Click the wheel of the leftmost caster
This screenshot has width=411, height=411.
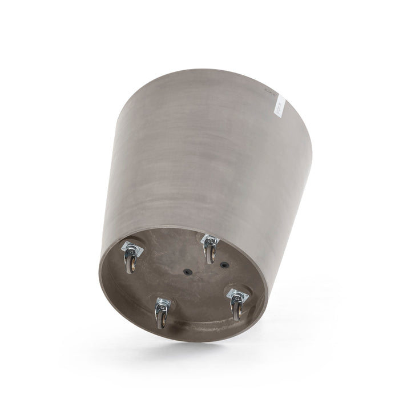point(131,263)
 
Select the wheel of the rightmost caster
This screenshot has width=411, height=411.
point(236,309)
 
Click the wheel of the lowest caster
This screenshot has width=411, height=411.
point(162,317)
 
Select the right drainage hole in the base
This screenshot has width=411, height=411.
point(224,264)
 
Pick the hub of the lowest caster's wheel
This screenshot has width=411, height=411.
point(162,319)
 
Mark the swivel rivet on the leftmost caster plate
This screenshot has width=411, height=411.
point(132,248)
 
